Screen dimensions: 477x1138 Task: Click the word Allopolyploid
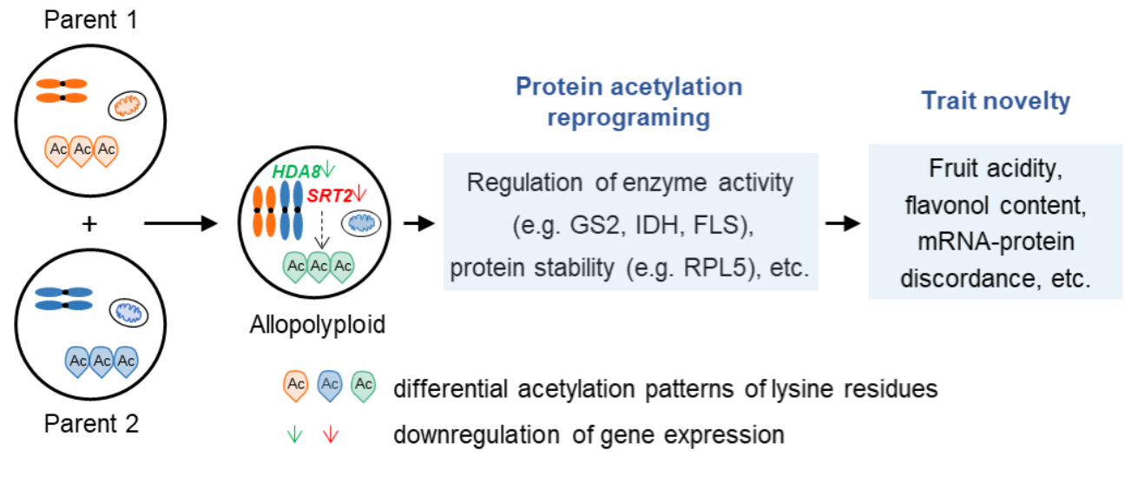318,325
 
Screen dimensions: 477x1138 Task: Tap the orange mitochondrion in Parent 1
128,107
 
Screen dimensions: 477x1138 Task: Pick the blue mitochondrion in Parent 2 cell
128,313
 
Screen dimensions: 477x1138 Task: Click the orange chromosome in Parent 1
62,90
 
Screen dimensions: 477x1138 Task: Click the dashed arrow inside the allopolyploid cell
318,235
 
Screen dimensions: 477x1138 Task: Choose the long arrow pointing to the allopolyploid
180,224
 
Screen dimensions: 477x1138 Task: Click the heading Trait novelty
996,101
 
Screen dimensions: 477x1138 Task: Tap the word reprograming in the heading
628,118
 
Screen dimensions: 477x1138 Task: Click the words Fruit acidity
996,168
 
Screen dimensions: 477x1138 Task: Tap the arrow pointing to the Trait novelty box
843,224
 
